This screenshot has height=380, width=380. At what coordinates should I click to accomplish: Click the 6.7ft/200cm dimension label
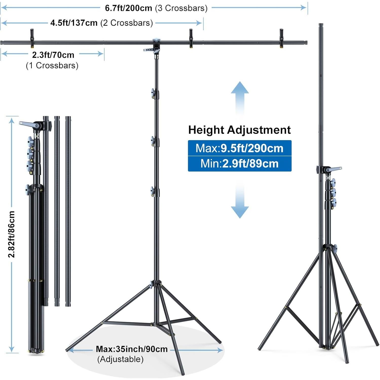coord(129,8)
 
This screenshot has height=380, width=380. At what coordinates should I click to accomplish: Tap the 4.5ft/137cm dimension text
coord(74,23)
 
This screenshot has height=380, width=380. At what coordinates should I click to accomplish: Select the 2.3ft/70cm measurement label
coord(53,55)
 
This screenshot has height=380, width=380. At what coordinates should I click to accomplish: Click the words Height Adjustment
coord(239,130)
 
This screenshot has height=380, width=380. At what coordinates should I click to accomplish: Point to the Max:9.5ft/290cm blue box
coord(240,148)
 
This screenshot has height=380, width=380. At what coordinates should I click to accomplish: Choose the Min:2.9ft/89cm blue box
coord(240,164)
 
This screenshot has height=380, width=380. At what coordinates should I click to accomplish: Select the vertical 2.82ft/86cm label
coord(12,234)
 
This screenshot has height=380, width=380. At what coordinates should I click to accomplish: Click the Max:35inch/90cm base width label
coord(132,349)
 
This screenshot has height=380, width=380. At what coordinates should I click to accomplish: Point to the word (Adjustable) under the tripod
coord(120,359)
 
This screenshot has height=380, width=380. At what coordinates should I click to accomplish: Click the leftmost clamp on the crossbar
coord(32,38)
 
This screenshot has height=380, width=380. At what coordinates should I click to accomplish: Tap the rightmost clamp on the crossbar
coord(281,38)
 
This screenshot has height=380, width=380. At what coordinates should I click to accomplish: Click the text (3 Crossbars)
coord(181,8)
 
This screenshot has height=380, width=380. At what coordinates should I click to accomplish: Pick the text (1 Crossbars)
coord(52,66)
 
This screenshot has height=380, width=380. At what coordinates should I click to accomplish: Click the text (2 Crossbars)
coord(127,23)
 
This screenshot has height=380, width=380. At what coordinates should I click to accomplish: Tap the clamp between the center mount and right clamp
coord(191,38)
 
